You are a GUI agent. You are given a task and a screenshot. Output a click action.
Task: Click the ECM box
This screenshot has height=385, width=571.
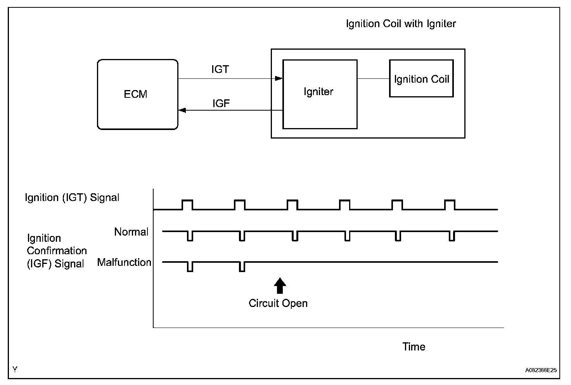(x=137, y=94)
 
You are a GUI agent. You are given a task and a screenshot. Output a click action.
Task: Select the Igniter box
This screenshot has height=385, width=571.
(x=320, y=94)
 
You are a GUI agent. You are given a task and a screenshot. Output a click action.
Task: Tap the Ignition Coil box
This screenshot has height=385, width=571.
(x=421, y=78)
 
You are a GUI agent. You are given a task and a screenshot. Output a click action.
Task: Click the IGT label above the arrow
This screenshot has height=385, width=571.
(x=220, y=69)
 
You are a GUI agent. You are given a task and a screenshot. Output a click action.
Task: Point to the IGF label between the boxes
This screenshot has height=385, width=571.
(x=221, y=103)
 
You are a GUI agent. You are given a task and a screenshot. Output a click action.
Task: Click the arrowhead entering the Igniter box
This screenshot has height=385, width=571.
(x=279, y=78)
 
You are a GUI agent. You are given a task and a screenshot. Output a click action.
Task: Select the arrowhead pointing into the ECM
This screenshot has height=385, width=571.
(x=182, y=110)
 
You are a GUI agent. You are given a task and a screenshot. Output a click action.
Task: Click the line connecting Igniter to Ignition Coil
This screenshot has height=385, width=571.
(x=373, y=78)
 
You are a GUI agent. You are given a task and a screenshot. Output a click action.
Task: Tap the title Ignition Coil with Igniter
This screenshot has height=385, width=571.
(x=401, y=24)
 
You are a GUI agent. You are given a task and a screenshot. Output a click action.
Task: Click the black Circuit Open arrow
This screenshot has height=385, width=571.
(x=280, y=286)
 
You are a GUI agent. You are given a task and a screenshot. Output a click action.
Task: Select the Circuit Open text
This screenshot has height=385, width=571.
(x=278, y=303)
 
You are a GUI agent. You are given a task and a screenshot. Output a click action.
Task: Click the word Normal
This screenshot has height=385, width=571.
(x=131, y=232)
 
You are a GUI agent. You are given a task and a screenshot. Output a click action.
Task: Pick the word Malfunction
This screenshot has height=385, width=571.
(x=124, y=262)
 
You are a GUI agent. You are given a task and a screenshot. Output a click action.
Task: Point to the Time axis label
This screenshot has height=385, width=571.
(x=414, y=347)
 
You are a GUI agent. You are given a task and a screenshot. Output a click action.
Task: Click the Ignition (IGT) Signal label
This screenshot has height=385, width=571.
(x=72, y=198)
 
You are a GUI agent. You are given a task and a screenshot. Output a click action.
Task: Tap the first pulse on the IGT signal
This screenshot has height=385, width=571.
(x=187, y=205)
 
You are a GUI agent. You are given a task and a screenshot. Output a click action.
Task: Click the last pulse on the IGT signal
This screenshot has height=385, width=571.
(x=450, y=205)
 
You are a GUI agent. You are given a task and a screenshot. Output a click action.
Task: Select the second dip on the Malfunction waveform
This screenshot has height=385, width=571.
(x=242, y=267)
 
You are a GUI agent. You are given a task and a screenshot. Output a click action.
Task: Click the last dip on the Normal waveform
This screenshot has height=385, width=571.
(x=452, y=236)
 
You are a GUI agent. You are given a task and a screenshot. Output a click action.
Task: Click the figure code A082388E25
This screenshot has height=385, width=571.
(x=541, y=370)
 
